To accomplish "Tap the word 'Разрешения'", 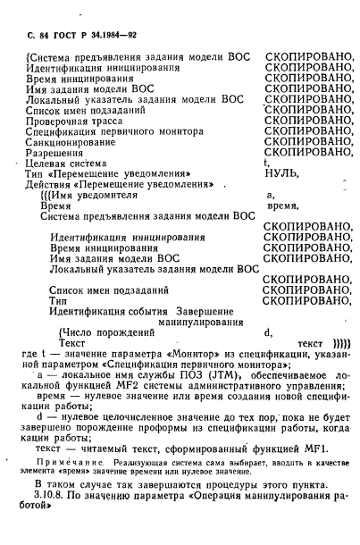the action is point(56,152).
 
